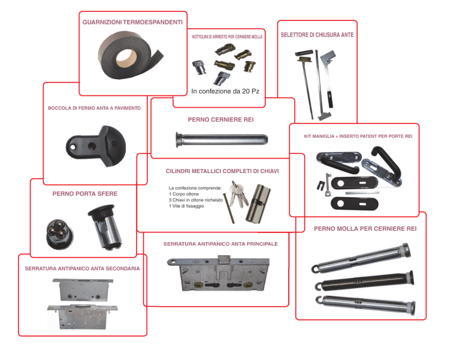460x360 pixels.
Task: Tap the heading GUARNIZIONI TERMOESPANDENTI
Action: pyautogui.click(x=132, y=22)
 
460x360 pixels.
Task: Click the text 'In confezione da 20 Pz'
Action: pyautogui.click(x=225, y=91)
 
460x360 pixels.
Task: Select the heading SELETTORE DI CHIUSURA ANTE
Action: pyautogui.click(x=317, y=35)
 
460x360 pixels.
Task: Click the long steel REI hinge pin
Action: pyautogui.click(x=222, y=140)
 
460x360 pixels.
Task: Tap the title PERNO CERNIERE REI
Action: pyautogui.click(x=220, y=120)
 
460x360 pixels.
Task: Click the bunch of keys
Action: pyautogui.click(x=238, y=194)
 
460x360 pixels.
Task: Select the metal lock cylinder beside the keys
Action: pyautogui.click(x=258, y=203)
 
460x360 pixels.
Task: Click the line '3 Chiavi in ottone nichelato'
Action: pyautogui.click(x=196, y=200)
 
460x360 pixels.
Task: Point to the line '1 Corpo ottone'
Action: pyautogui.click(x=184, y=194)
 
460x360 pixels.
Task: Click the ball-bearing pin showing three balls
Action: pyautogui.click(x=60, y=234)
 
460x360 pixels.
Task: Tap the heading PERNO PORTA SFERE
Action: pyautogui.click(x=85, y=194)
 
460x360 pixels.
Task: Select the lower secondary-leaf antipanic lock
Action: pyautogui.click(x=83, y=317)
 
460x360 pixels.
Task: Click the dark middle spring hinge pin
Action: pyautogui.click(x=364, y=281)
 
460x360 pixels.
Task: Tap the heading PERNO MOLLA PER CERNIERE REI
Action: pyautogui.click(x=365, y=229)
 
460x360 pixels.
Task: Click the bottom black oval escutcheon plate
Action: pyautogui.click(x=355, y=203)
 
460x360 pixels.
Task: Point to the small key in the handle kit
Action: pyautogui.click(x=328, y=185)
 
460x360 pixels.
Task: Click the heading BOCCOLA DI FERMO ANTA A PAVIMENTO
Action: pyautogui.click(x=94, y=108)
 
